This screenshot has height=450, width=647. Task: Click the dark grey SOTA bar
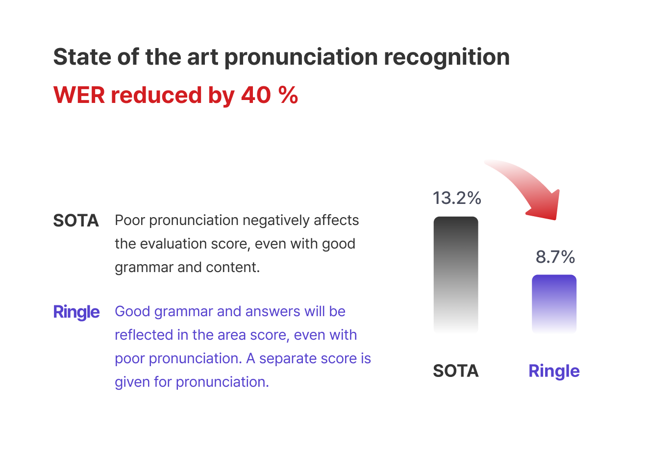456,275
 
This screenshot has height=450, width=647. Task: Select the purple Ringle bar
554,304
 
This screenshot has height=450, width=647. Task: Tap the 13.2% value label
457,198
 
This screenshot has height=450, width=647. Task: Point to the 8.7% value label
555,257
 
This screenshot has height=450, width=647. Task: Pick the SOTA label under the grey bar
456,371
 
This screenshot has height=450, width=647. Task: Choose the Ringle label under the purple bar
554,371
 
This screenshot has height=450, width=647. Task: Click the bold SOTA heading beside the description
76,221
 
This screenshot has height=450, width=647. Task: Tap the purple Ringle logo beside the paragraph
76,312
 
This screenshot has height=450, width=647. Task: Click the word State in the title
82,57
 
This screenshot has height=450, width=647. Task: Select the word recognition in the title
447,58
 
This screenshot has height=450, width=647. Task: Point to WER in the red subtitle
79,95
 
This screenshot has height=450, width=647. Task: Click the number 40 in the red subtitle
256,95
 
